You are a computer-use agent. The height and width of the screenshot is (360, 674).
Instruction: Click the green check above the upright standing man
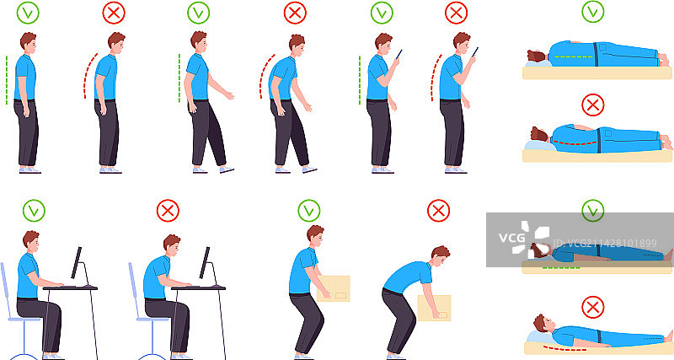pyautogui.click(x=28, y=13)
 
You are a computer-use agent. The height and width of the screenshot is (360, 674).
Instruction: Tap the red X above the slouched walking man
pyautogui.click(x=296, y=13)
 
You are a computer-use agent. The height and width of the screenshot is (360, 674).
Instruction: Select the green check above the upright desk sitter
pyautogui.click(x=34, y=210)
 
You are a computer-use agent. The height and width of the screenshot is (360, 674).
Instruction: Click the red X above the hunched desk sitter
pyautogui.click(x=168, y=210)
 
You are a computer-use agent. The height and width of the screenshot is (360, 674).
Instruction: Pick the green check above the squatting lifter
pyautogui.click(x=309, y=210)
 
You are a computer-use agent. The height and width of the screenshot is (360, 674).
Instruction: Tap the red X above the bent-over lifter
pyautogui.click(x=438, y=210)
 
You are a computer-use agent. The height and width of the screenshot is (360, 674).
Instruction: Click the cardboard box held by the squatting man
pyautogui.click(x=334, y=288)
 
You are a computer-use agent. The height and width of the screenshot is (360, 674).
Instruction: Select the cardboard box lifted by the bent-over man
pyautogui.click(x=435, y=308)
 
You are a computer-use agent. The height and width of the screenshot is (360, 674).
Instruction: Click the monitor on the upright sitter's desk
pyautogui.click(x=77, y=262)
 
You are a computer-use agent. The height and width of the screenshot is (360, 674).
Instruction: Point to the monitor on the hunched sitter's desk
pyautogui.click(x=205, y=262)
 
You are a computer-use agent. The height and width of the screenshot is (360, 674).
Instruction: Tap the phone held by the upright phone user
pyautogui.click(x=399, y=54)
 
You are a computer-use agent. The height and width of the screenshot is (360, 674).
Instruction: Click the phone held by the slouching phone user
pyautogui.click(x=475, y=52)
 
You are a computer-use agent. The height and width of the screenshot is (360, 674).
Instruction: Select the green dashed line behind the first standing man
pyautogui.click(x=7, y=79)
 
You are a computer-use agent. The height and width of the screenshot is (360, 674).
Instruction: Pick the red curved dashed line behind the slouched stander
pyautogui.click(x=89, y=75)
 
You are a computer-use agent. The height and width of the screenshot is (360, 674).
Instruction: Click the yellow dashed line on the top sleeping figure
pyautogui.click(x=574, y=56)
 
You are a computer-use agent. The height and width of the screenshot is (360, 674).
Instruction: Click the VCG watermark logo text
pyautogui.click(x=512, y=238)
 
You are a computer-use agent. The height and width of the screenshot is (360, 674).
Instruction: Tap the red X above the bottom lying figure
pyautogui.click(x=593, y=308)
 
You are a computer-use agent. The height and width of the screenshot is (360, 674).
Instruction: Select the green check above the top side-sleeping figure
pyautogui.click(x=593, y=12)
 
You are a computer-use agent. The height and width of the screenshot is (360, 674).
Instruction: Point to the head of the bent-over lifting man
pyautogui.click(x=440, y=256)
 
